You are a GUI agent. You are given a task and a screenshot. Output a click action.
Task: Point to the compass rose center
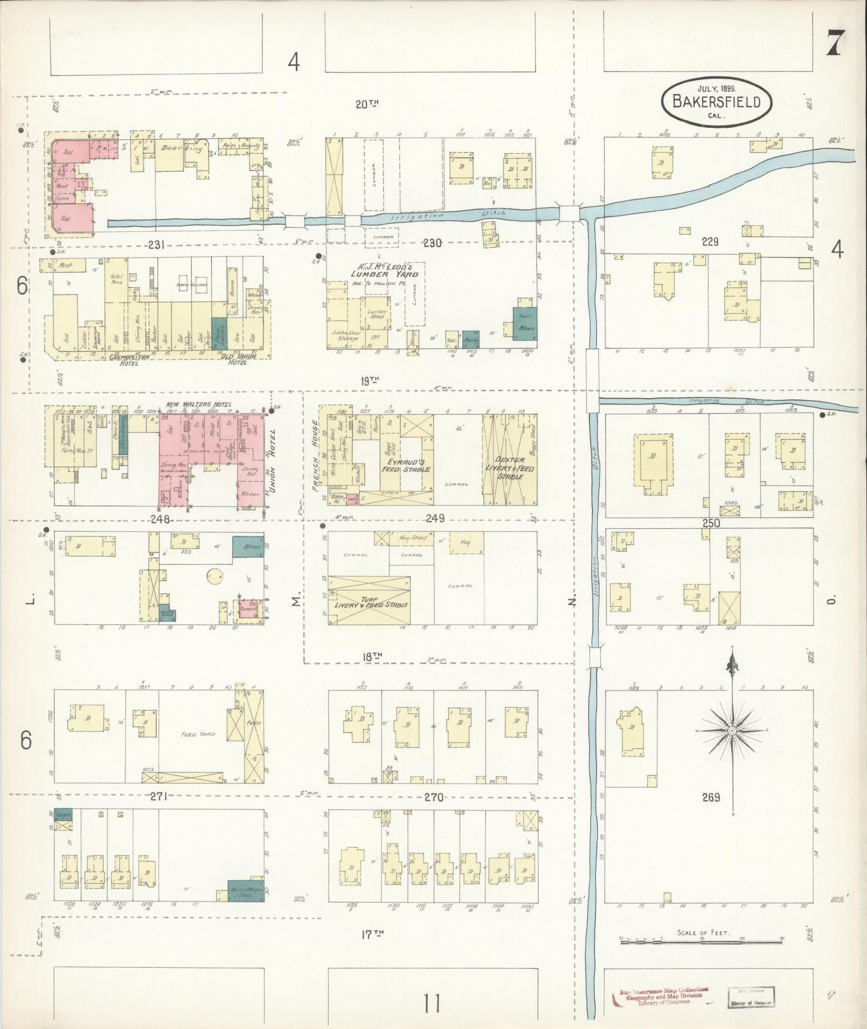[732, 730]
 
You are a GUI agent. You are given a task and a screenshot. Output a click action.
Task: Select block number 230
[432, 243]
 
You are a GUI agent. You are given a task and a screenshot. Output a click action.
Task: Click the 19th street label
[371, 380]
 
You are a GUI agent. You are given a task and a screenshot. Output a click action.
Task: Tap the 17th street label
[371, 934]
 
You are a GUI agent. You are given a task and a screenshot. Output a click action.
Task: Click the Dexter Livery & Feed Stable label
[509, 468]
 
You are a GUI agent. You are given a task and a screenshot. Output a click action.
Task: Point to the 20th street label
[367, 104]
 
